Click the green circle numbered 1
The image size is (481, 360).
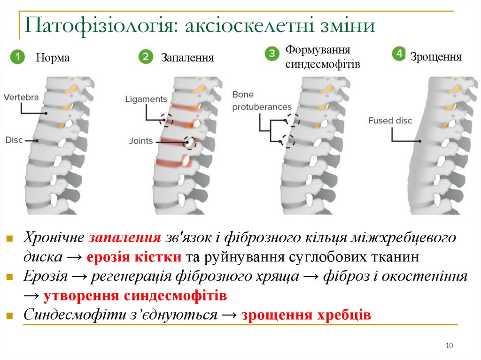tap(17, 57)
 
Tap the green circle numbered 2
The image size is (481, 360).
tap(146, 57)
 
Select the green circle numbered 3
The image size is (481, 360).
tap(272, 53)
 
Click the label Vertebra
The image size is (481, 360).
tap(21, 97)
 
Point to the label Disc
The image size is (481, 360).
tap(14, 139)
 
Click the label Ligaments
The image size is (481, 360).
tap(146, 99)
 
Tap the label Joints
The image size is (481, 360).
tap(141, 140)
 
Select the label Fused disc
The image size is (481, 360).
tap(390, 121)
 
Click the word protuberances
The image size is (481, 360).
tap(262, 107)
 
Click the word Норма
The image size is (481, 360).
tap(53, 58)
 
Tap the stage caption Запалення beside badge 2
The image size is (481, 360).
tap(187, 58)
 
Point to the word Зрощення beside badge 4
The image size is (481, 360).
tap(436, 57)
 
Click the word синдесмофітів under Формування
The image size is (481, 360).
tap(323, 64)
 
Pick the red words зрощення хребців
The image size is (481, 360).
tap(306, 314)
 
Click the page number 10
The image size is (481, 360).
tap(449, 346)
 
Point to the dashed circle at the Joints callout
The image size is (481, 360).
tap(190, 142)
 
